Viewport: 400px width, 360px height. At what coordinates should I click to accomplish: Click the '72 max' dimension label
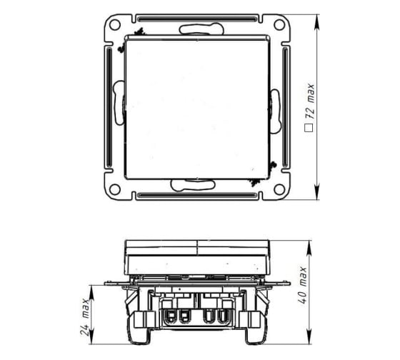point(311,101)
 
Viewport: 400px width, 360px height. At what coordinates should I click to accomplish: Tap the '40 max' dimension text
point(303,285)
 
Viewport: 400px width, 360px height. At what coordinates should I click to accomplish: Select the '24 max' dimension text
point(85,316)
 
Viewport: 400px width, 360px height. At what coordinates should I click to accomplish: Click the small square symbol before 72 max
point(309,128)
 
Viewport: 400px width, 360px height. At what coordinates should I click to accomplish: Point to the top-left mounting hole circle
point(114,25)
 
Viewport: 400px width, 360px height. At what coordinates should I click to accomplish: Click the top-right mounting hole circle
point(279,25)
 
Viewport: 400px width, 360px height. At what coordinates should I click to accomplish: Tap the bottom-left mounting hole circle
point(114,189)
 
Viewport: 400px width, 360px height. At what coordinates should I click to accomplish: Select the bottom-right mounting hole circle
point(279,189)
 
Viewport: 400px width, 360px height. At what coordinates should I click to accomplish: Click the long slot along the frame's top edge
point(197,19)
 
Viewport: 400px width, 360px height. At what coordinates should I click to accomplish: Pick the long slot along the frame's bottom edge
point(197,196)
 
